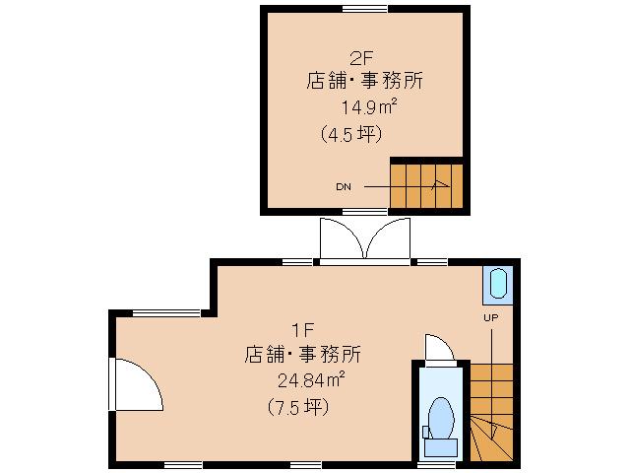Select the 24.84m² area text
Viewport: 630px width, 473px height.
pos(309,380)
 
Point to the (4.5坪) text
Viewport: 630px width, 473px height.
pos(350,133)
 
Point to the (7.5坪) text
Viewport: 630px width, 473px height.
pos(297,406)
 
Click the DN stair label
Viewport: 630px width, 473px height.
pos(344,185)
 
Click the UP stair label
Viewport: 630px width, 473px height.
pos(491,317)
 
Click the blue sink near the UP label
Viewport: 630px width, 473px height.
pos(496,285)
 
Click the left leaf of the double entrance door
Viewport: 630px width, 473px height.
pos(341,239)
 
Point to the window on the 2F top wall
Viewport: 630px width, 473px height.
pos(364,9)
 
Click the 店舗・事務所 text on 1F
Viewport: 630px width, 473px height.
pos(302,355)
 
